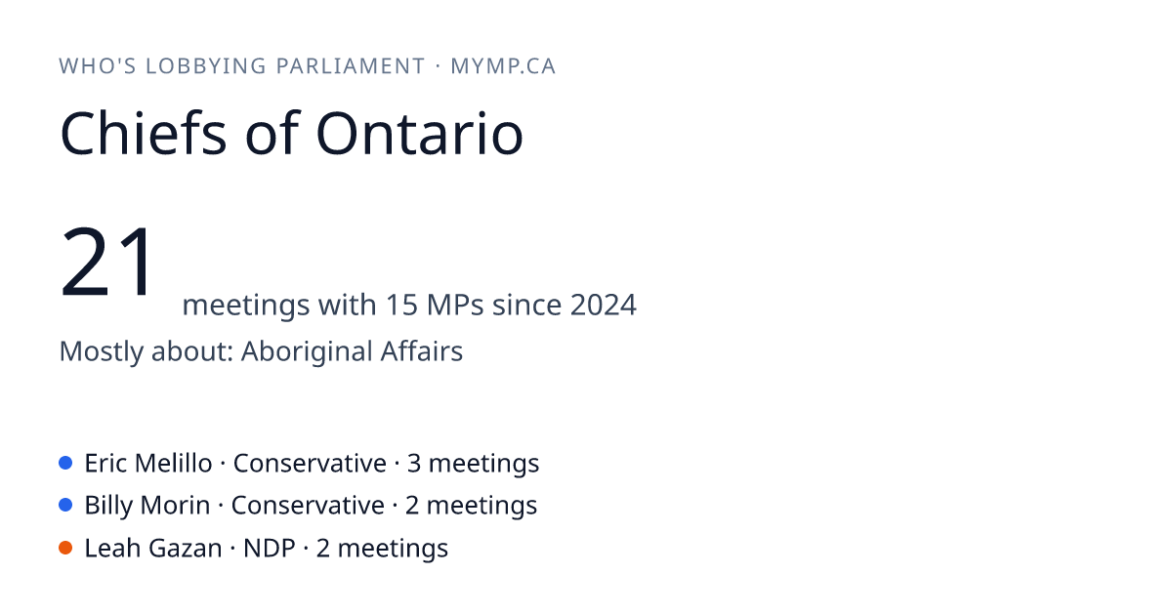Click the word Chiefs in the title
pyautogui.click(x=144, y=134)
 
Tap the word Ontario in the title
pyautogui.click(x=420, y=134)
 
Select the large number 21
pyautogui.click(x=106, y=261)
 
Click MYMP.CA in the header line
pyautogui.click(x=503, y=66)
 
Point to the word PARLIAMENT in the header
pyautogui.click(x=351, y=66)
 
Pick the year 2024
pyautogui.click(x=604, y=305)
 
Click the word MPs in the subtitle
pyautogui.click(x=455, y=305)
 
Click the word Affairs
pyautogui.click(x=422, y=350)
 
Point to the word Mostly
pyautogui.click(x=101, y=352)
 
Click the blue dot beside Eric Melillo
pyautogui.click(x=65, y=463)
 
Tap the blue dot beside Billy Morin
pyautogui.click(x=65, y=505)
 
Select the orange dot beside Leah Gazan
pyautogui.click(x=65, y=548)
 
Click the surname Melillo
pyautogui.click(x=173, y=463)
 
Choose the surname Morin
pyautogui.click(x=175, y=506)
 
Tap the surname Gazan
pyautogui.click(x=186, y=548)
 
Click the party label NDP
pyautogui.click(x=269, y=548)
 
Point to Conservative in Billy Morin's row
pyautogui.click(x=308, y=506)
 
